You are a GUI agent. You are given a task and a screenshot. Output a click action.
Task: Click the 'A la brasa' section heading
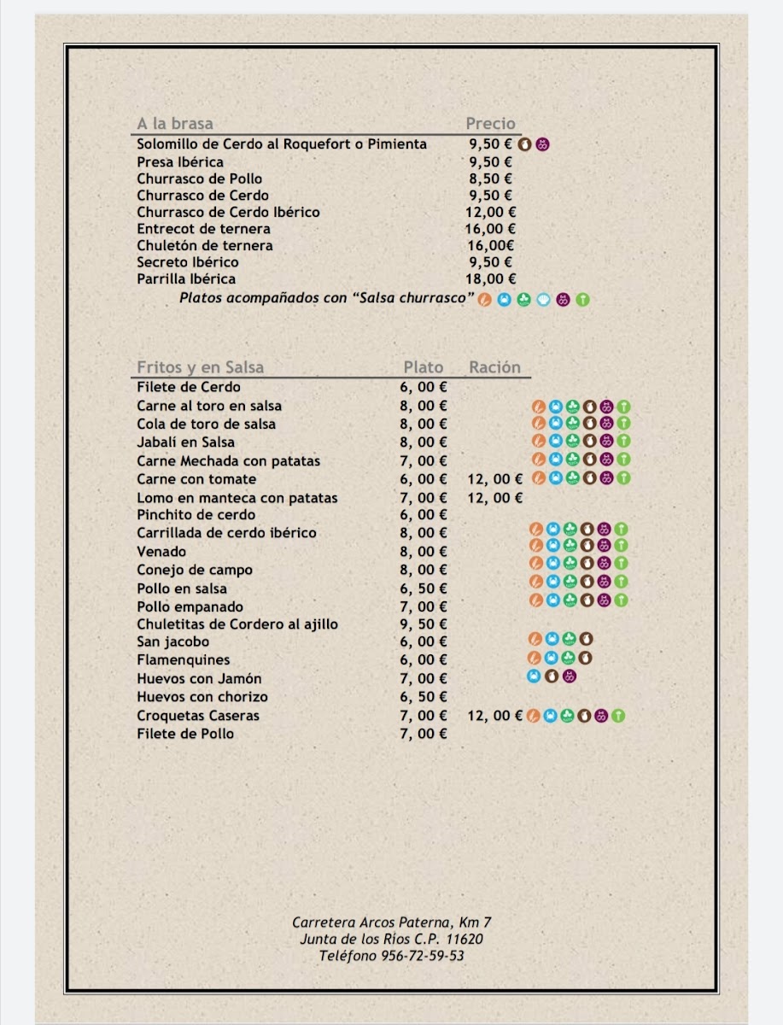tap(175, 124)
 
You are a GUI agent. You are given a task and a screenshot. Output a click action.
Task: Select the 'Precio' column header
tap(490, 124)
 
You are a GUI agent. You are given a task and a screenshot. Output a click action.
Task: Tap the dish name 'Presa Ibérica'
tap(180, 162)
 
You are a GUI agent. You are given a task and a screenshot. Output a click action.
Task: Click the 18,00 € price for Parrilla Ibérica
tap(490, 278)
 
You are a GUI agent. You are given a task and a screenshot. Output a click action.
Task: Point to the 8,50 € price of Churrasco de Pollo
tap(490, 179)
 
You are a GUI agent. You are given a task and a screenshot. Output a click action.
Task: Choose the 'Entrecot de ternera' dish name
tap(203, 229)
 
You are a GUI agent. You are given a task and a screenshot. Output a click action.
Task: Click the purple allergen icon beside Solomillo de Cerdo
tap(543, 144)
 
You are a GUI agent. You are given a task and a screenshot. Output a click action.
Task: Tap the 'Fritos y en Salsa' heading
tap(200, 367)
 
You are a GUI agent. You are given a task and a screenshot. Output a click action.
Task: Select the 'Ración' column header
tap(494, 367)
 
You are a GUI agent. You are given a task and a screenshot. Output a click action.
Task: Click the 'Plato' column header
tap(424, 367)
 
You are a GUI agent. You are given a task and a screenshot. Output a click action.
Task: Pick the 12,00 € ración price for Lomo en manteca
tap(494, 498)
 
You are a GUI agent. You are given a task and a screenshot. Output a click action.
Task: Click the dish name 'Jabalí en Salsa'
tap(185, 442)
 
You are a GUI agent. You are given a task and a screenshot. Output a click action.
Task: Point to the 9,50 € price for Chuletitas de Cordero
tap(424, 624)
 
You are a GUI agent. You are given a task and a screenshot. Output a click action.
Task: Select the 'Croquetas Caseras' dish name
tap(198, 716)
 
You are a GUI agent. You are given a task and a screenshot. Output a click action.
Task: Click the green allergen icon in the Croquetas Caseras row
tap(618, 716)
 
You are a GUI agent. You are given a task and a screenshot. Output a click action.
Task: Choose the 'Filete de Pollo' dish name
tap(185, 734)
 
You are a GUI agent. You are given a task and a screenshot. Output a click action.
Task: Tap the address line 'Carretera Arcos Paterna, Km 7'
tap(392, 922)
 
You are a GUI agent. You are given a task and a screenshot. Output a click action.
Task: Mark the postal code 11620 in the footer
tap(465, 940)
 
